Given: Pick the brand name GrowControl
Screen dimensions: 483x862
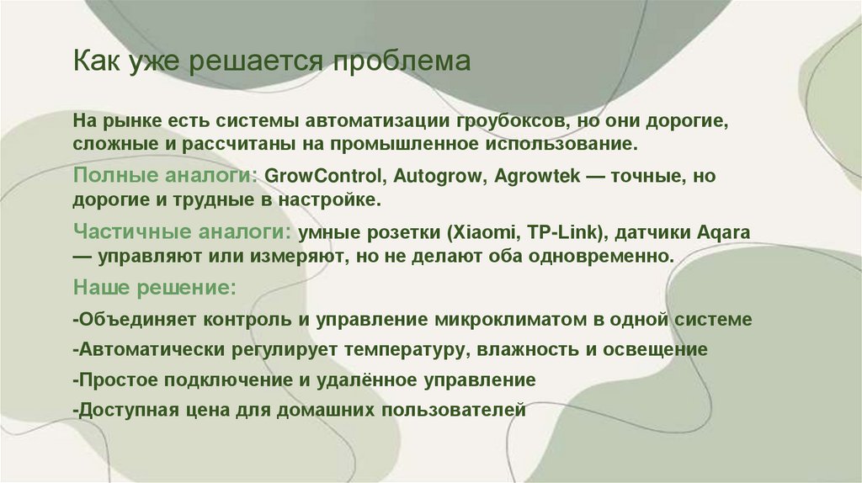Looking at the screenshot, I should click(x=319, y=178).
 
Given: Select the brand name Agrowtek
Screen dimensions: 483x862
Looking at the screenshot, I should click(x=514, y=178).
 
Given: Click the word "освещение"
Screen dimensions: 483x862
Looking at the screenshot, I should click(x=657, y=349).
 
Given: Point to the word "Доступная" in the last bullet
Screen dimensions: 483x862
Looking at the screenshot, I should click(x=120, y=410).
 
